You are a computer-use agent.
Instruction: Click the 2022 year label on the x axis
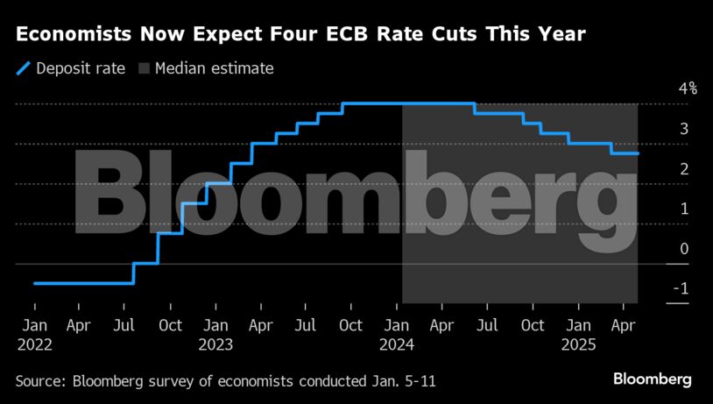pos(34,345)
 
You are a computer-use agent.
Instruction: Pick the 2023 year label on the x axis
pos(215,345)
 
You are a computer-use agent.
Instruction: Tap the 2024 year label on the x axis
pos(397,345)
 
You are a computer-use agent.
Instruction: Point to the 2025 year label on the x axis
pos(578,345)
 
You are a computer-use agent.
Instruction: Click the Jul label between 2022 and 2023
pos(124,326)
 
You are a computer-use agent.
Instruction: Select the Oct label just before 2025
pos(533,326)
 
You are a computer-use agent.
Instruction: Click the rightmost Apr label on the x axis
pos(623,326)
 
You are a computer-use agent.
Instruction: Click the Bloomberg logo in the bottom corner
pos(653,379)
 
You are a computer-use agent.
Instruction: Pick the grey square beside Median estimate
pos(144,68)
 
